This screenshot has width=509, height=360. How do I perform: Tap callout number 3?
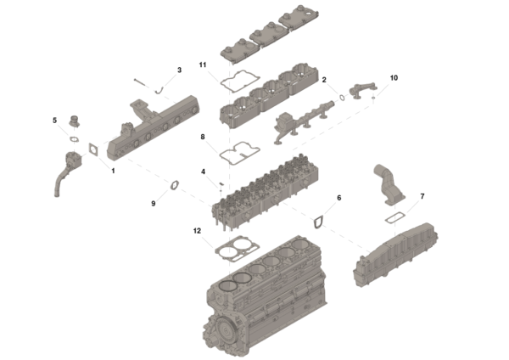179,70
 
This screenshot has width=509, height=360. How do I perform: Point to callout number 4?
203,172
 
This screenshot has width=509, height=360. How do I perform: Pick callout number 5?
55,121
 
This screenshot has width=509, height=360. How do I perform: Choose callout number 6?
339,198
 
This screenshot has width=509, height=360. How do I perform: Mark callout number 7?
422,197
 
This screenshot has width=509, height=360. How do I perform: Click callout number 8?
203,136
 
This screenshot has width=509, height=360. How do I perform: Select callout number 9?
154,203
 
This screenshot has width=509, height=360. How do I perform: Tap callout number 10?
393,78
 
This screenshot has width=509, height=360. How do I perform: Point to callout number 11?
203,65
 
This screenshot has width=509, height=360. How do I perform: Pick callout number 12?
198,232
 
